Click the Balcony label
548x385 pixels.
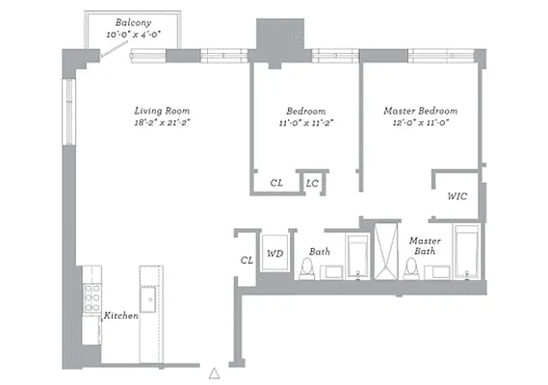132,22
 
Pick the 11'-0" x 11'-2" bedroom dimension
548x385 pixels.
305,122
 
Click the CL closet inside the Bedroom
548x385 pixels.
276,183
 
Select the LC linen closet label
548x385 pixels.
312,183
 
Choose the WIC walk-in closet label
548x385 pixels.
457,195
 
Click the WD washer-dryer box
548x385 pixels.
274,254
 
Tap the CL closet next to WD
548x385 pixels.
246,259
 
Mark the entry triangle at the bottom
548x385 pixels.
216,370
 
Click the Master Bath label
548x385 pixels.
425,245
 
